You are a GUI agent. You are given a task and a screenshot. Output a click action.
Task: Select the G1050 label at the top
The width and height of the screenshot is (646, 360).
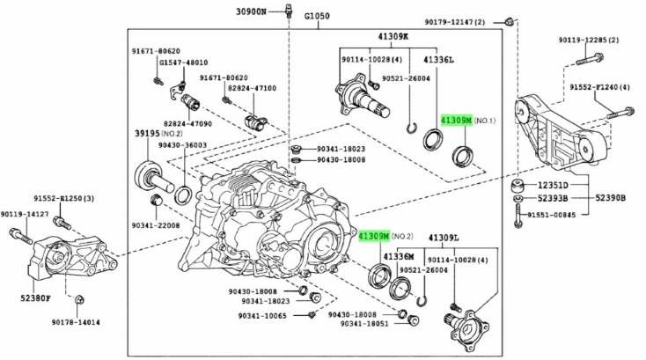[x=317, y=18]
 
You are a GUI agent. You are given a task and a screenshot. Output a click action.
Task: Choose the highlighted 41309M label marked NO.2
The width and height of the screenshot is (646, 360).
[x=373, y=236]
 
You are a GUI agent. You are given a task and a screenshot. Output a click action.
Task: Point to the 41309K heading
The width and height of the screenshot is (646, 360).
[x=393, y=37]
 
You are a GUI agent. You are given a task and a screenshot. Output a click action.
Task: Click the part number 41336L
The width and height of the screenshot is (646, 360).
[x=437, y=60]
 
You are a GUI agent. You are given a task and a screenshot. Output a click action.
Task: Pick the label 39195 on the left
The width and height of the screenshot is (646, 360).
[x=151, y=133]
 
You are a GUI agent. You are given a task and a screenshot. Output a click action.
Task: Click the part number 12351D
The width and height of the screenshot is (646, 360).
[x=552, y=186]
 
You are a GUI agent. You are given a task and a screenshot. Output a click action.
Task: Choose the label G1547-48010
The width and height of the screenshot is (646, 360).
[x=183, y=62]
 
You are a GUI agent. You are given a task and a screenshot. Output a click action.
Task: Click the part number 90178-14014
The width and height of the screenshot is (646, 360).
[x=74, y=322]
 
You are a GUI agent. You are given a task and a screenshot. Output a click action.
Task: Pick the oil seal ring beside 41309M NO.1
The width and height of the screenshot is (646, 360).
[x=462, y=157]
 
